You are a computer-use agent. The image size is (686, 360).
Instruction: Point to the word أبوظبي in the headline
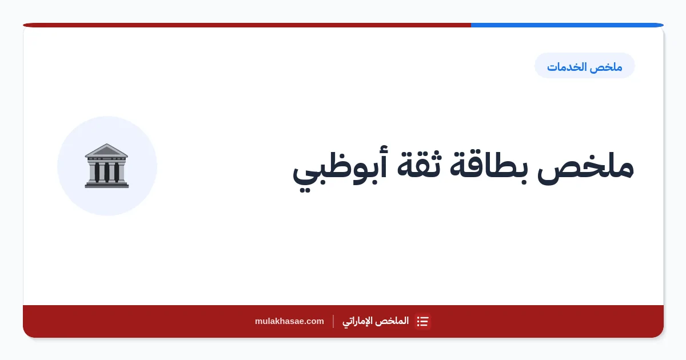[340, 169]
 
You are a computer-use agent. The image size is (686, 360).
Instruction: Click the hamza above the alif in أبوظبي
[383, 150]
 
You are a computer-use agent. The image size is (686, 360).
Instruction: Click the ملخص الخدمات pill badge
[584, 66]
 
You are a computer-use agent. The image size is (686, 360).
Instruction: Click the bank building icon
[106, 166]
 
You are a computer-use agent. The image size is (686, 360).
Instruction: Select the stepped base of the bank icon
[106, 184]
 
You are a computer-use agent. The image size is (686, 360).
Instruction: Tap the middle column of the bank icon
[106, 172]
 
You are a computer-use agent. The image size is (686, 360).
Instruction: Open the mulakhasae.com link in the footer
[289, 321]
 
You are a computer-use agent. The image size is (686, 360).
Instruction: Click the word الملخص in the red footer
[393, 321]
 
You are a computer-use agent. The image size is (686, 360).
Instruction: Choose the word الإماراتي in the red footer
[358, 321]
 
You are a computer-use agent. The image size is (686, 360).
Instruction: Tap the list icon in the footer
[422, 321]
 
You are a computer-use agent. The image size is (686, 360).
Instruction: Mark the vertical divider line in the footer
[333, 321]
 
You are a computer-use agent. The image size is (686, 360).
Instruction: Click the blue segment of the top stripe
[567, 25]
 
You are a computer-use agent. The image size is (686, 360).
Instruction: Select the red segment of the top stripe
[247, 25]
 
